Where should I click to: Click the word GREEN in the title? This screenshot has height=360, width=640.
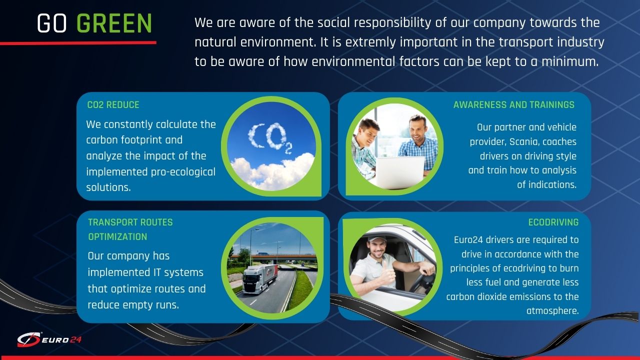[114, 23]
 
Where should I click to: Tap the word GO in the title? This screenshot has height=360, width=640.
[51, 23]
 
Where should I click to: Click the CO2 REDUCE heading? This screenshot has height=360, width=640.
[113, 105]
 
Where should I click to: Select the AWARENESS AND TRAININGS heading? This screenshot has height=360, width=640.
[513, 105]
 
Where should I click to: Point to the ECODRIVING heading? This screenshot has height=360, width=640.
[553, 222]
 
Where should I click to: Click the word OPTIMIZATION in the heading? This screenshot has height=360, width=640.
[117, 237]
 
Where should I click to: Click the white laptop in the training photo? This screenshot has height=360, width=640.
[399, 172]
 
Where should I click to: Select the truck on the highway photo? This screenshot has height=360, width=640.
[259, 279]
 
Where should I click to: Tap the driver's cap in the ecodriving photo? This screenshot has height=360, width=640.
[376, 238]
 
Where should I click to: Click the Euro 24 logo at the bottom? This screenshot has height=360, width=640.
[49, 339]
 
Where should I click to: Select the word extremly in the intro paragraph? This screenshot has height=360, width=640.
[370, 42]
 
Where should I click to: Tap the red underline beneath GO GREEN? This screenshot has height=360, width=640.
[78, 43]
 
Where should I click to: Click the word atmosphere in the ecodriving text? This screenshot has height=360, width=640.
[552, 311]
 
